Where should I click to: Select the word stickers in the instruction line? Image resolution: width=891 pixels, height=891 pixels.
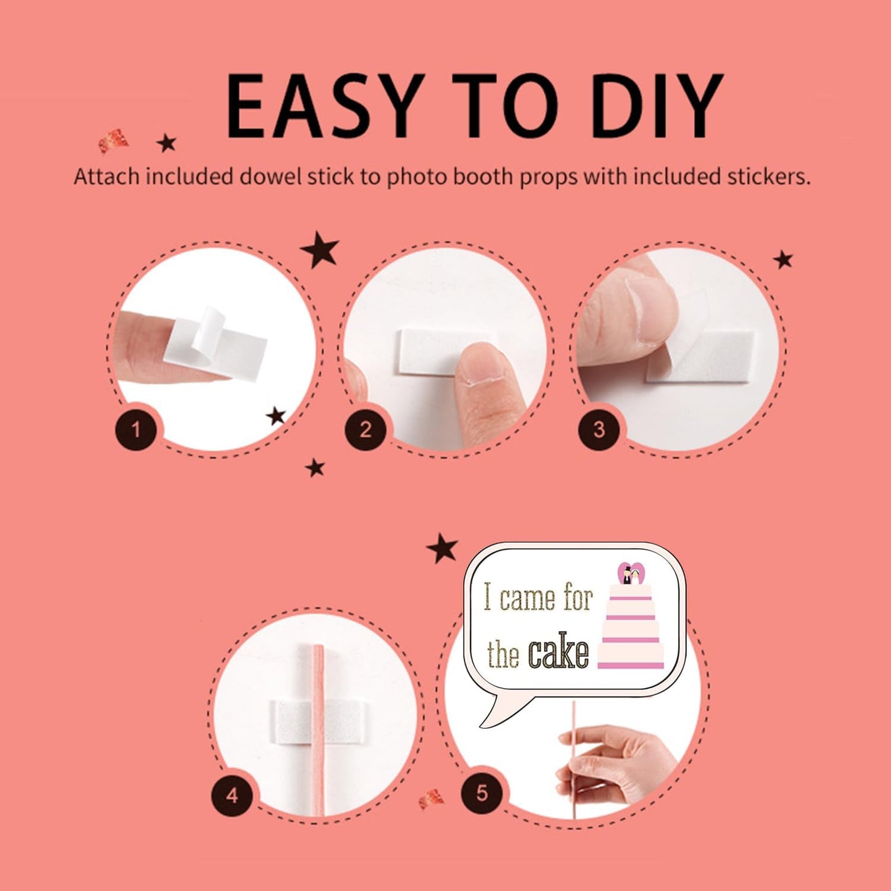click(766, 176)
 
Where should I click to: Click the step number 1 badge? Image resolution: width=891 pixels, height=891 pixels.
click(136, 430)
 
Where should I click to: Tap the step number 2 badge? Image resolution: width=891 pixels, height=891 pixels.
click(366, 430)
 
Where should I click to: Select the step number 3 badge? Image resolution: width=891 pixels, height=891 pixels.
click(599, 430)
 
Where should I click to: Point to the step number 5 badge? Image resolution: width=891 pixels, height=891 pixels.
click(482, 793)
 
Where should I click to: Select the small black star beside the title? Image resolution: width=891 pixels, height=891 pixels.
click(166, 143)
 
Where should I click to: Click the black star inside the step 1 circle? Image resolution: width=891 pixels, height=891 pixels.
click(276, 416)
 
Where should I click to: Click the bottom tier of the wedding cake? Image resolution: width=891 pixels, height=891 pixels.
click(631, 657)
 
